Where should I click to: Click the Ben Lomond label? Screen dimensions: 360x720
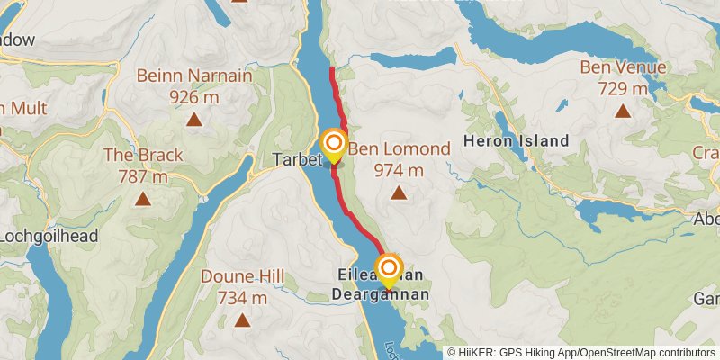[399, 149]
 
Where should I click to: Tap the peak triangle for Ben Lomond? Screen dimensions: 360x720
[398, 192]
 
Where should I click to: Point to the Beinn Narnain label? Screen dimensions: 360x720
[193, 76]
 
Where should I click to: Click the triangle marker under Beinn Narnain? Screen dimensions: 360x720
[193, 118]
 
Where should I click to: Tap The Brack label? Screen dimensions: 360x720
[143, 155]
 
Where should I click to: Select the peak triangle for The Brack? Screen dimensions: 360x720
[142, 198]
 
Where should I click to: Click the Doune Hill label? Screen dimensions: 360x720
[242, 276]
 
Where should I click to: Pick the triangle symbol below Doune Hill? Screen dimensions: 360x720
[241, 319]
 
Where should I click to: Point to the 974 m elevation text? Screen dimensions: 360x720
[398, 169]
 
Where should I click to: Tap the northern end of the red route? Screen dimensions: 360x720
[332, 69]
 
